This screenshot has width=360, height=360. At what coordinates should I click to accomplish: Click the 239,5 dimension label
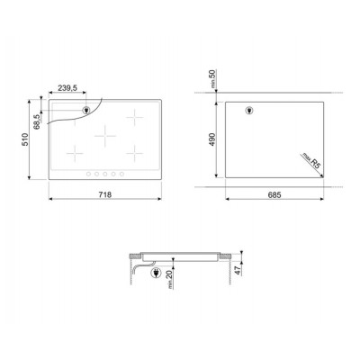[x=67, y=88]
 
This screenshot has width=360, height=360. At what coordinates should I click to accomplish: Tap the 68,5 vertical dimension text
[x=37, y=121]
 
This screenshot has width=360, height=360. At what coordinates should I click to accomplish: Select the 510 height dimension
[x=24, y=139]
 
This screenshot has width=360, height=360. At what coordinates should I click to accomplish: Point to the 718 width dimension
[x=105, y=194]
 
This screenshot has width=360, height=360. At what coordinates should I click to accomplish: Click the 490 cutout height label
[x=212, y=139]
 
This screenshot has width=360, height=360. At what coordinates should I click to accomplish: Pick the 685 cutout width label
[x=274, y=195]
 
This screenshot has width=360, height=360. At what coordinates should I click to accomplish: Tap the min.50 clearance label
[x=212, y=78]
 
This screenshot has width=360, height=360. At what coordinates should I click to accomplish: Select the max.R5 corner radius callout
[x=311, y=161]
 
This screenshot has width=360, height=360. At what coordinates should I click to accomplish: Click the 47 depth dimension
[x=238, y=270]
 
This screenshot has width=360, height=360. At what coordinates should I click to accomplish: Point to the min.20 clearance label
[x=170, y=279]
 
